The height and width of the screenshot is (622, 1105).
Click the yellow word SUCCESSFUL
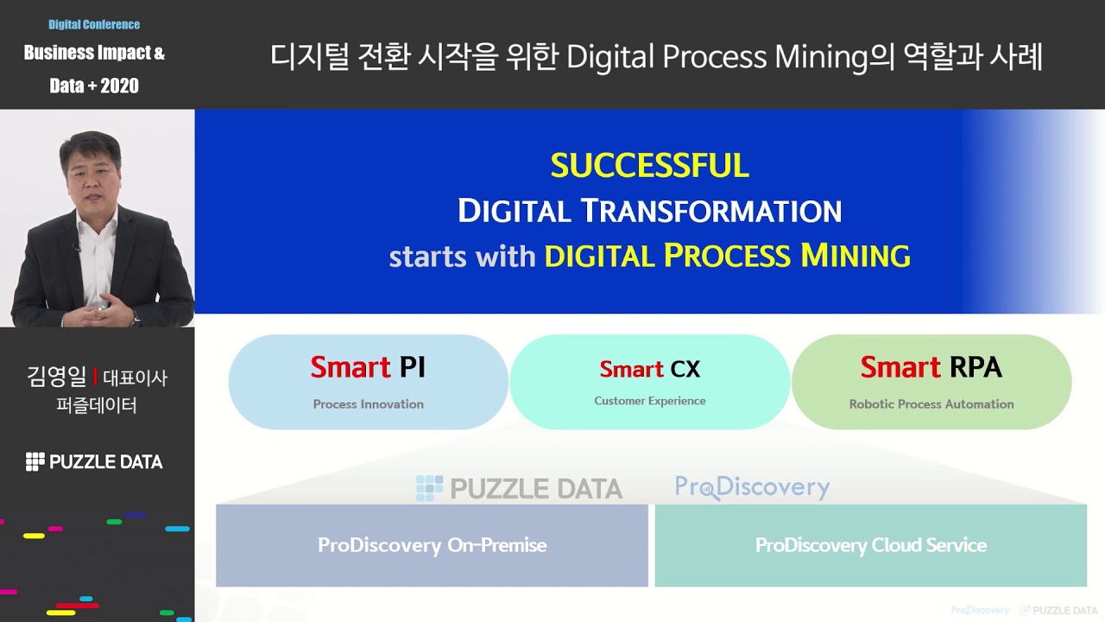click(649, 165)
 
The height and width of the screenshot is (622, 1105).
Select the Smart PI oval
click(369, 382)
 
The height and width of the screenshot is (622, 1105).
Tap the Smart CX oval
click(650, 382)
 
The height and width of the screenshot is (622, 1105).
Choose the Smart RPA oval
click(931, 382)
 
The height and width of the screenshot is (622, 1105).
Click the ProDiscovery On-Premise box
click(432, 545)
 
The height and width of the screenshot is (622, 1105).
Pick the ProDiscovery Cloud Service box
click(870, 545)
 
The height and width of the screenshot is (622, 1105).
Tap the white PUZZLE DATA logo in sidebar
click(94, 461)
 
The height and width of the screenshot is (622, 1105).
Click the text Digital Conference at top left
click(94, 24)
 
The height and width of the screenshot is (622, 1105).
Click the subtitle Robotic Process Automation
click(931, 404)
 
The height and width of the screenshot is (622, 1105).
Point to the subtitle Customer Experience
click(650, 401)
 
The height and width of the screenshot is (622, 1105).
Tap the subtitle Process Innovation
click(369, 404)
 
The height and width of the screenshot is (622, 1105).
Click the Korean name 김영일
click(57, 377)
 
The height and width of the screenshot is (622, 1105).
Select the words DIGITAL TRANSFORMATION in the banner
click(649, 211)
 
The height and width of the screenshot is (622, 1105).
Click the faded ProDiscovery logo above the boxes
click(752, 487)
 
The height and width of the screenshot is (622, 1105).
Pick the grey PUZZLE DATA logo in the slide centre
click(519, 489)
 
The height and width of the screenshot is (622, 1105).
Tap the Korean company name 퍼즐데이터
click(96, 404)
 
